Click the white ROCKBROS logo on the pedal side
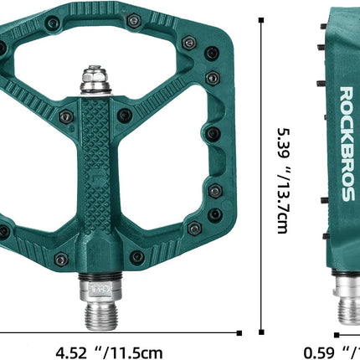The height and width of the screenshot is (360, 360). tap(346, 143)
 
